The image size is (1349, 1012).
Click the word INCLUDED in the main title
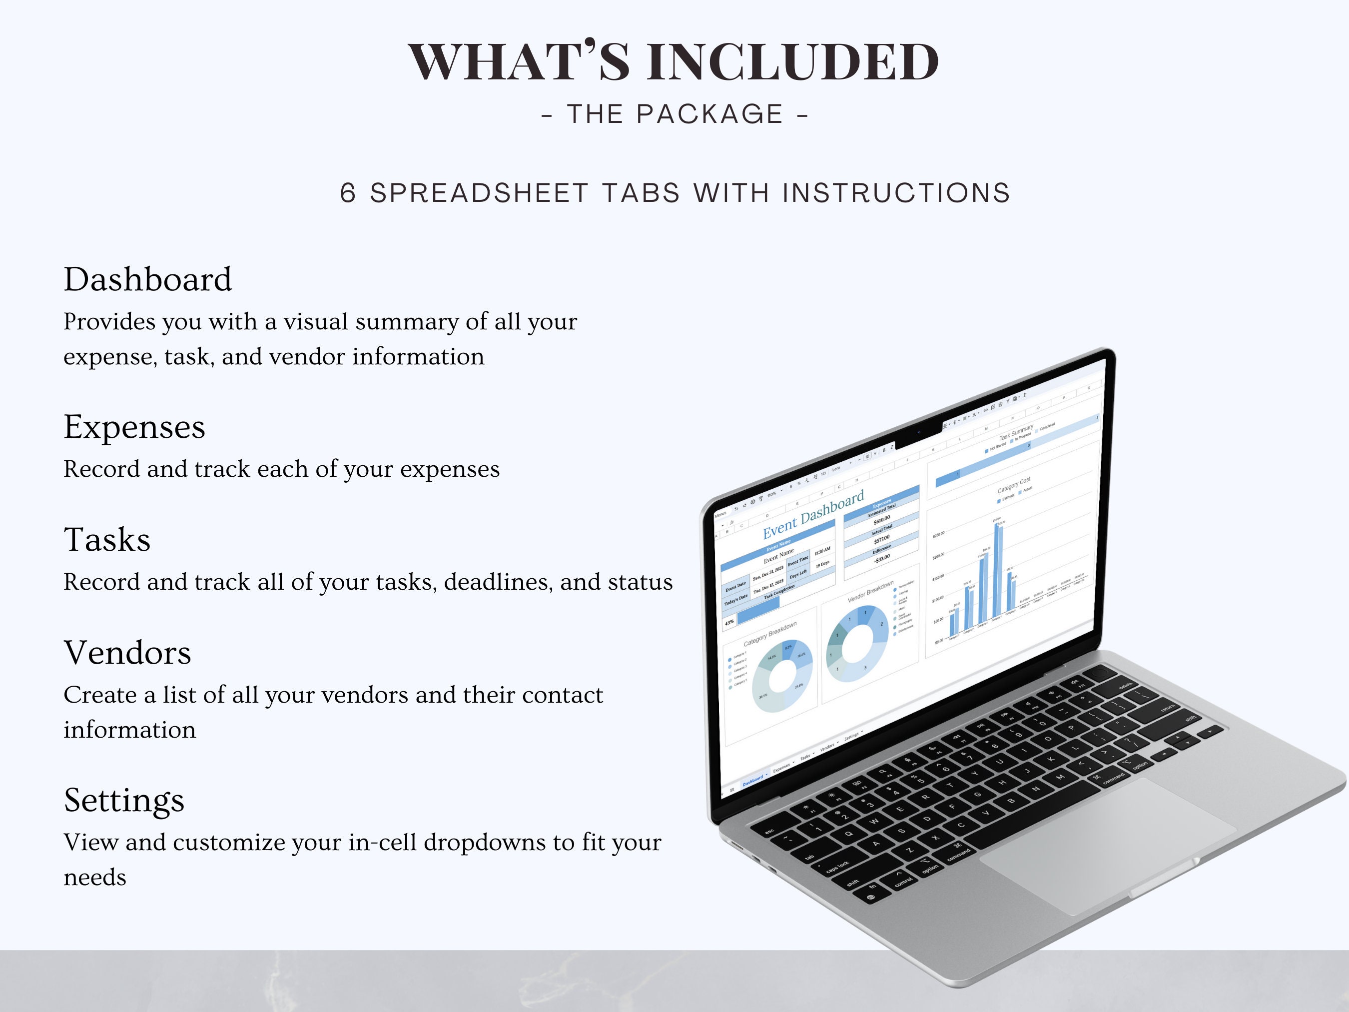coord(792,62)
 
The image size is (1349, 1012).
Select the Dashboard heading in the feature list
coord(147,279)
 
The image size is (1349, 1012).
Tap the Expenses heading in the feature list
coord(134,427)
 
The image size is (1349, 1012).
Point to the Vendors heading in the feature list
coord(127,653)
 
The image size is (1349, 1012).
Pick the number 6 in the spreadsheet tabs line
coord(348,193)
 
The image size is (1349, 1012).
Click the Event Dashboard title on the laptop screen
coord(813,515)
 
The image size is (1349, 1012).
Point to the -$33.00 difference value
coord(882,558)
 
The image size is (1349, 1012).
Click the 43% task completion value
coord(729,622)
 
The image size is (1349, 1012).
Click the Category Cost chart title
coord(1014,485)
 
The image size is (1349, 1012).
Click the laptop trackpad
coord(1107,845)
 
